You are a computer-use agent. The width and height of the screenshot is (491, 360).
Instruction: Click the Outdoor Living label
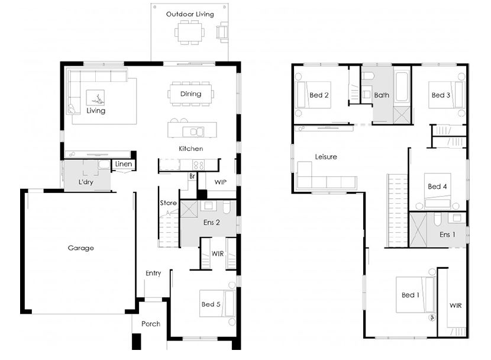(190, 14)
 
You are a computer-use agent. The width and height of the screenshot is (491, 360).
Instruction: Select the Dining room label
(190, 94)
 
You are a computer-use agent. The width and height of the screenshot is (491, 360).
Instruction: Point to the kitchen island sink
(193, 132)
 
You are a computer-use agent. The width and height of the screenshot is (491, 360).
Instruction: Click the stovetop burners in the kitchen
(198, 165)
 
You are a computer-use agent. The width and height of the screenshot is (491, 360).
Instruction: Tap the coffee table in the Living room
(95, 98)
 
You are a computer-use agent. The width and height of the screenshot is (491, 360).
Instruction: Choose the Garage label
(81, 248)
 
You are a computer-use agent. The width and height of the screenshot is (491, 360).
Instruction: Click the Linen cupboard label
(124, 164)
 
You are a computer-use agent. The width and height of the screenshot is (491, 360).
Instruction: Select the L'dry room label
(86, 182)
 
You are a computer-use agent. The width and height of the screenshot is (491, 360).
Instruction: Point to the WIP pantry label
(221, 182)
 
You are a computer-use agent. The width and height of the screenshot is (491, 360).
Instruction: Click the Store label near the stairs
(168, 202)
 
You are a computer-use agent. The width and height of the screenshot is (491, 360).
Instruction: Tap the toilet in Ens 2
(227, 207)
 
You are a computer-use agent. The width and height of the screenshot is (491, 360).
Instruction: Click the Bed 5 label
(211, 304)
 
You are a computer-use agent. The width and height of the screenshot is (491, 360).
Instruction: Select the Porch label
(151, 324)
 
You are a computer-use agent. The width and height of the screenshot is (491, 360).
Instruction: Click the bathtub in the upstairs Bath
(402, 87)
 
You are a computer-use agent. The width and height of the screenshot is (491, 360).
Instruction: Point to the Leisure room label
(326, 157)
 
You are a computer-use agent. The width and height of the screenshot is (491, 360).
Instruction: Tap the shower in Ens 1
(418, 230)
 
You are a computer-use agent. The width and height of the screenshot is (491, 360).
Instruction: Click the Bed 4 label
(437, 187)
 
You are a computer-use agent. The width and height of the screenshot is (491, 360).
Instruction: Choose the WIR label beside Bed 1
(456, 306)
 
